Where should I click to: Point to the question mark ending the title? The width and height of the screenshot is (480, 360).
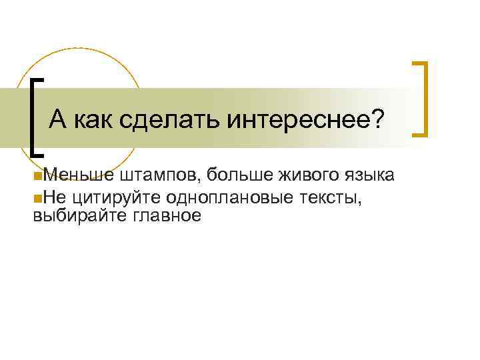377,120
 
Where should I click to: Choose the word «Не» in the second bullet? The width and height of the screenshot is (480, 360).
53,196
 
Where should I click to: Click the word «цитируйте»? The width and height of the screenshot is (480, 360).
109,197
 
